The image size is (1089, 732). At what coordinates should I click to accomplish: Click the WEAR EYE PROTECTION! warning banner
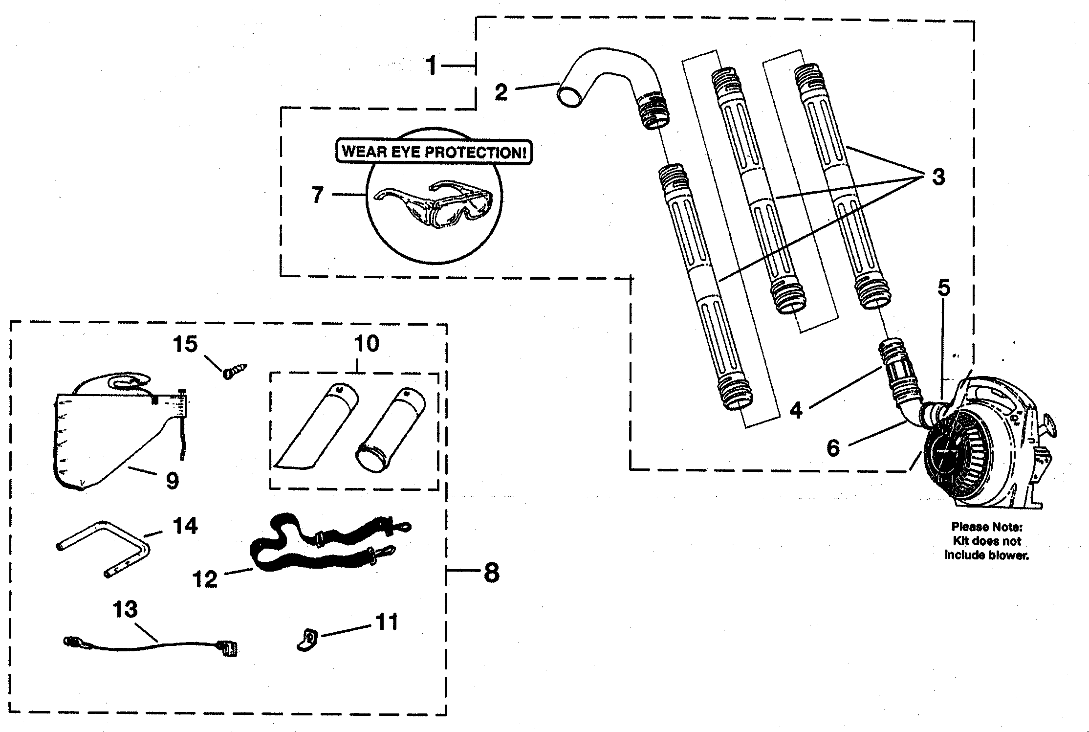click(x=434, y=152)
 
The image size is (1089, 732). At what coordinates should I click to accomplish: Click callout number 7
click(x=318, y=195)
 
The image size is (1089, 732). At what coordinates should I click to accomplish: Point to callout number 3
click(x=937, y=177)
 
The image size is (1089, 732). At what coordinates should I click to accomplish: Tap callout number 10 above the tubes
click(x=366, y=344)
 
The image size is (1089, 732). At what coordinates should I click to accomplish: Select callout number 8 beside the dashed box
click(x=491, y=571)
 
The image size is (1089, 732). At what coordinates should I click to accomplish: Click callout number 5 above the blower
click(x=943, y=288)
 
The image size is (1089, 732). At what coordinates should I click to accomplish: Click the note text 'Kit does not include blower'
click(x=986, y=541)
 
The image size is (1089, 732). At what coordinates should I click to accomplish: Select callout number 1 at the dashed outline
click(x=431, y=66)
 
